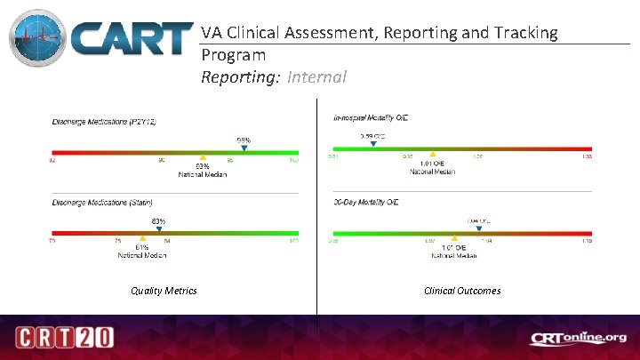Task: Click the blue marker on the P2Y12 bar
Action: tap(244, 149)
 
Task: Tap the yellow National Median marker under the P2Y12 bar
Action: tap(203, 157)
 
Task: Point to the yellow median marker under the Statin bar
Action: tap(142, 238)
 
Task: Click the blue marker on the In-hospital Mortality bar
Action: tap(372, 144)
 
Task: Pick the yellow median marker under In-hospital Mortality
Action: tap(432, 154)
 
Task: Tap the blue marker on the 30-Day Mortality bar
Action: tap(479, 228)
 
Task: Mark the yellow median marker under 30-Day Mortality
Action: tap(454, 238)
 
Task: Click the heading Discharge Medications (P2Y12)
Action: tap(104, 121)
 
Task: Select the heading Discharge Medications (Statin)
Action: tap(102, 203)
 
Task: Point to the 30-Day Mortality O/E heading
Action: tap(365, 203)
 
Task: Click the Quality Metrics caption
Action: tap(164, 291)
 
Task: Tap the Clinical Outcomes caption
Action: tap(462, 291)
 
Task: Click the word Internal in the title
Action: tap(316, 77)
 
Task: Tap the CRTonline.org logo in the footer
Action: tap(579, 338)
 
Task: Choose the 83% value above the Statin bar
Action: tap(158, 220)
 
